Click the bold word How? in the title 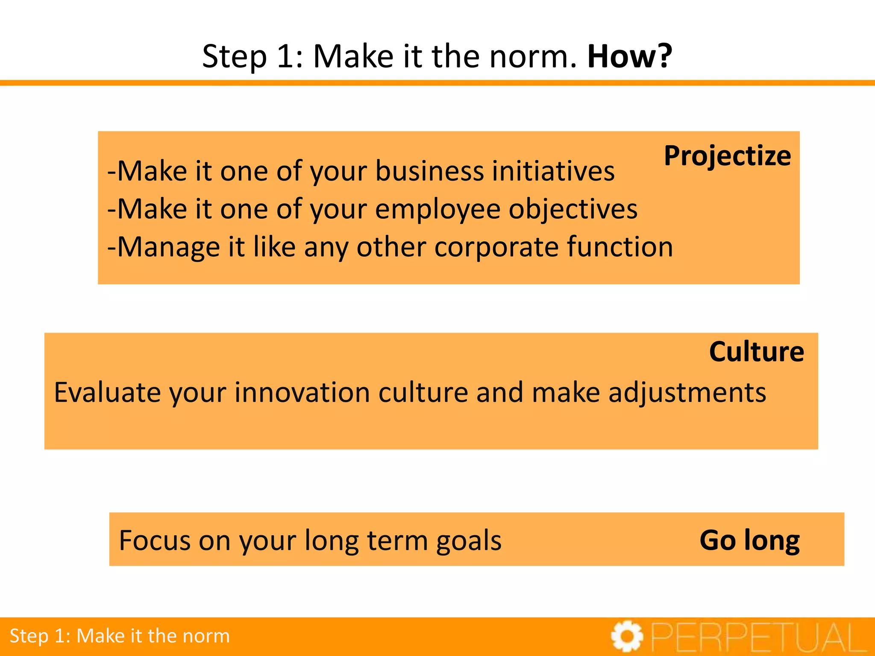pos(630,56)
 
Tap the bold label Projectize pos(727,156)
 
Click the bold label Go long pos(749,541)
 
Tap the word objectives pos(573,209)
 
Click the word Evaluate pos(107,392)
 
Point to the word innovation pos(302,392)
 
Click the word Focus pos(155,541)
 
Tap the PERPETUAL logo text pos(758,638)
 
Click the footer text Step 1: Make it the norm pos(120,636)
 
